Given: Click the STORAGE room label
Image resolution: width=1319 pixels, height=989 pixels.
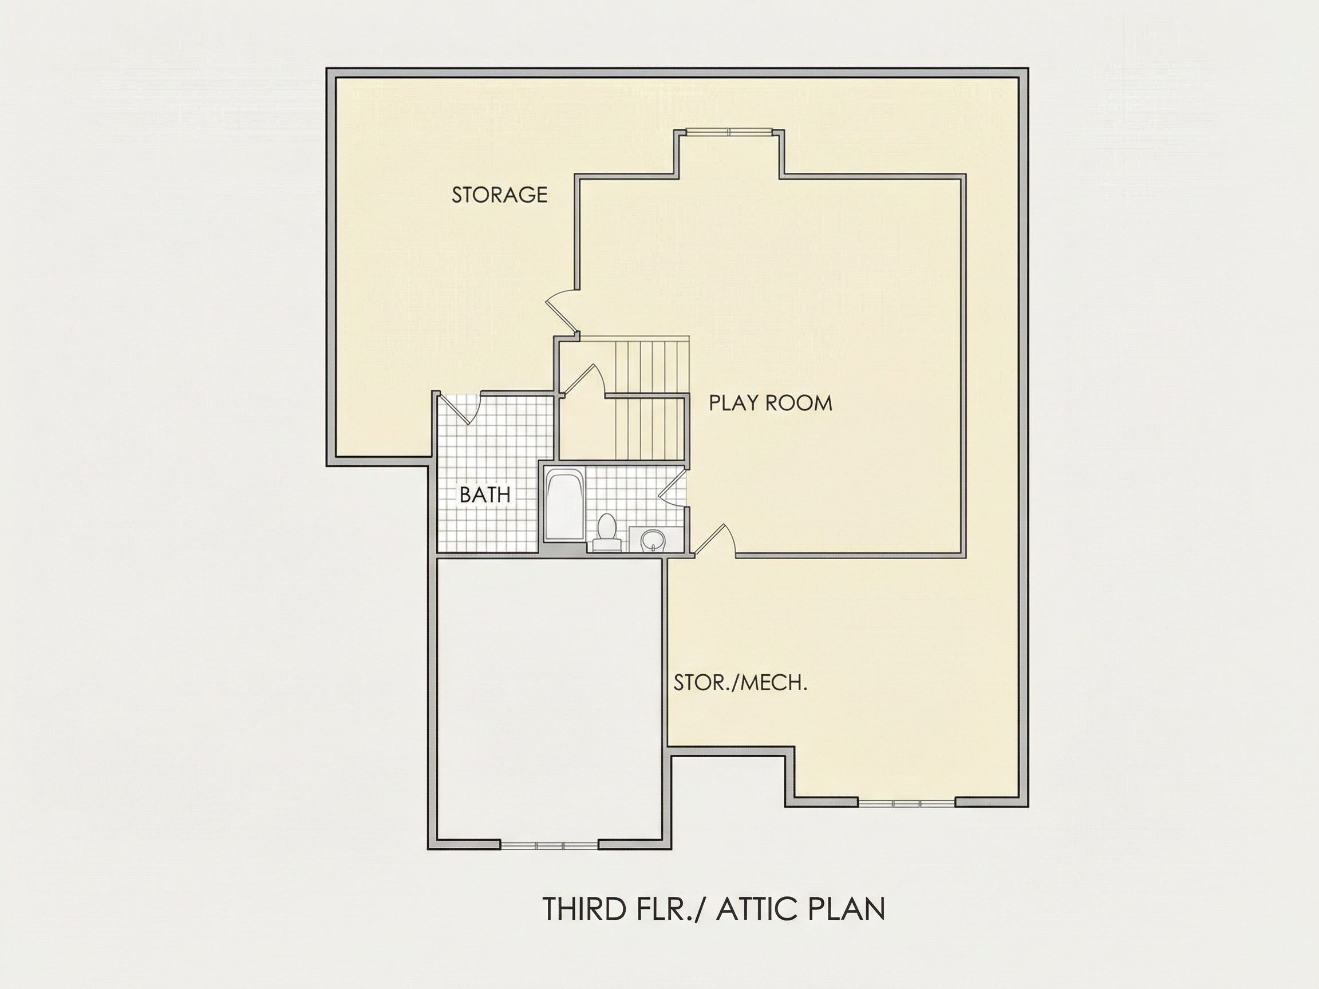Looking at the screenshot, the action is [499, 195].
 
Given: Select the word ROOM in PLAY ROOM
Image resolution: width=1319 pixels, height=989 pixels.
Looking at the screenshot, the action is [799, 403].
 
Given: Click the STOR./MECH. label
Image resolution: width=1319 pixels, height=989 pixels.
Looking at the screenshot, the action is [741, 683].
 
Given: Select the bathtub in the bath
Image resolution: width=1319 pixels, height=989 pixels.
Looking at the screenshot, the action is [564, 505].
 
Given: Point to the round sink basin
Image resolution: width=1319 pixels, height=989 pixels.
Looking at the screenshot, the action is [651, 540].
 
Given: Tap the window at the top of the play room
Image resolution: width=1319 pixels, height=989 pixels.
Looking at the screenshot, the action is [728, 131].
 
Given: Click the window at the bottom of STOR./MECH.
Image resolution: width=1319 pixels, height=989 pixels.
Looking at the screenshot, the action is [907, 804].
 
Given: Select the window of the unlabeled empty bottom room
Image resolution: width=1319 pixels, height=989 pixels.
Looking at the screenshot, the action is [549, 845].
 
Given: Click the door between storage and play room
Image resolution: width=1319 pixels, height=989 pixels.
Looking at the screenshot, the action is [562, 313].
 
